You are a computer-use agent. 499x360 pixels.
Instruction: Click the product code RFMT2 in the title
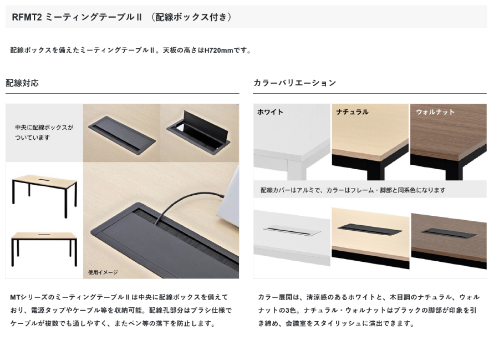point(27,17)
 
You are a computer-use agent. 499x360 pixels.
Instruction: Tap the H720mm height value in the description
point(218,50)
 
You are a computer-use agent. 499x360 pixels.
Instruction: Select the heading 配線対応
point(22,83)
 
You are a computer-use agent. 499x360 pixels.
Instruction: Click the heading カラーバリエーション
point(295,83)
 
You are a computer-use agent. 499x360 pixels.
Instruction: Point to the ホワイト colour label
point(270,112)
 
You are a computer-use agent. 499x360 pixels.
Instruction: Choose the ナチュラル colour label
point(352,112)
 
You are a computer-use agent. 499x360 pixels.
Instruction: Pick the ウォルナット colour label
point(435,112)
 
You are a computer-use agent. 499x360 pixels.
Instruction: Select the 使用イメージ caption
point(103,272)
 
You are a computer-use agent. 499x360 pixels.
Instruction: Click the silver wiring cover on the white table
point(292,230)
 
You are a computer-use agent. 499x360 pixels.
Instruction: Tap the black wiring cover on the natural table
point(369,229)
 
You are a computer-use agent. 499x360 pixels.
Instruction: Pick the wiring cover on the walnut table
point(449,234)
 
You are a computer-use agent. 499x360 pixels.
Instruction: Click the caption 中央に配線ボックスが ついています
point(44,133)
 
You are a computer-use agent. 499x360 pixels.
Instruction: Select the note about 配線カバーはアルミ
point(353,190)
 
